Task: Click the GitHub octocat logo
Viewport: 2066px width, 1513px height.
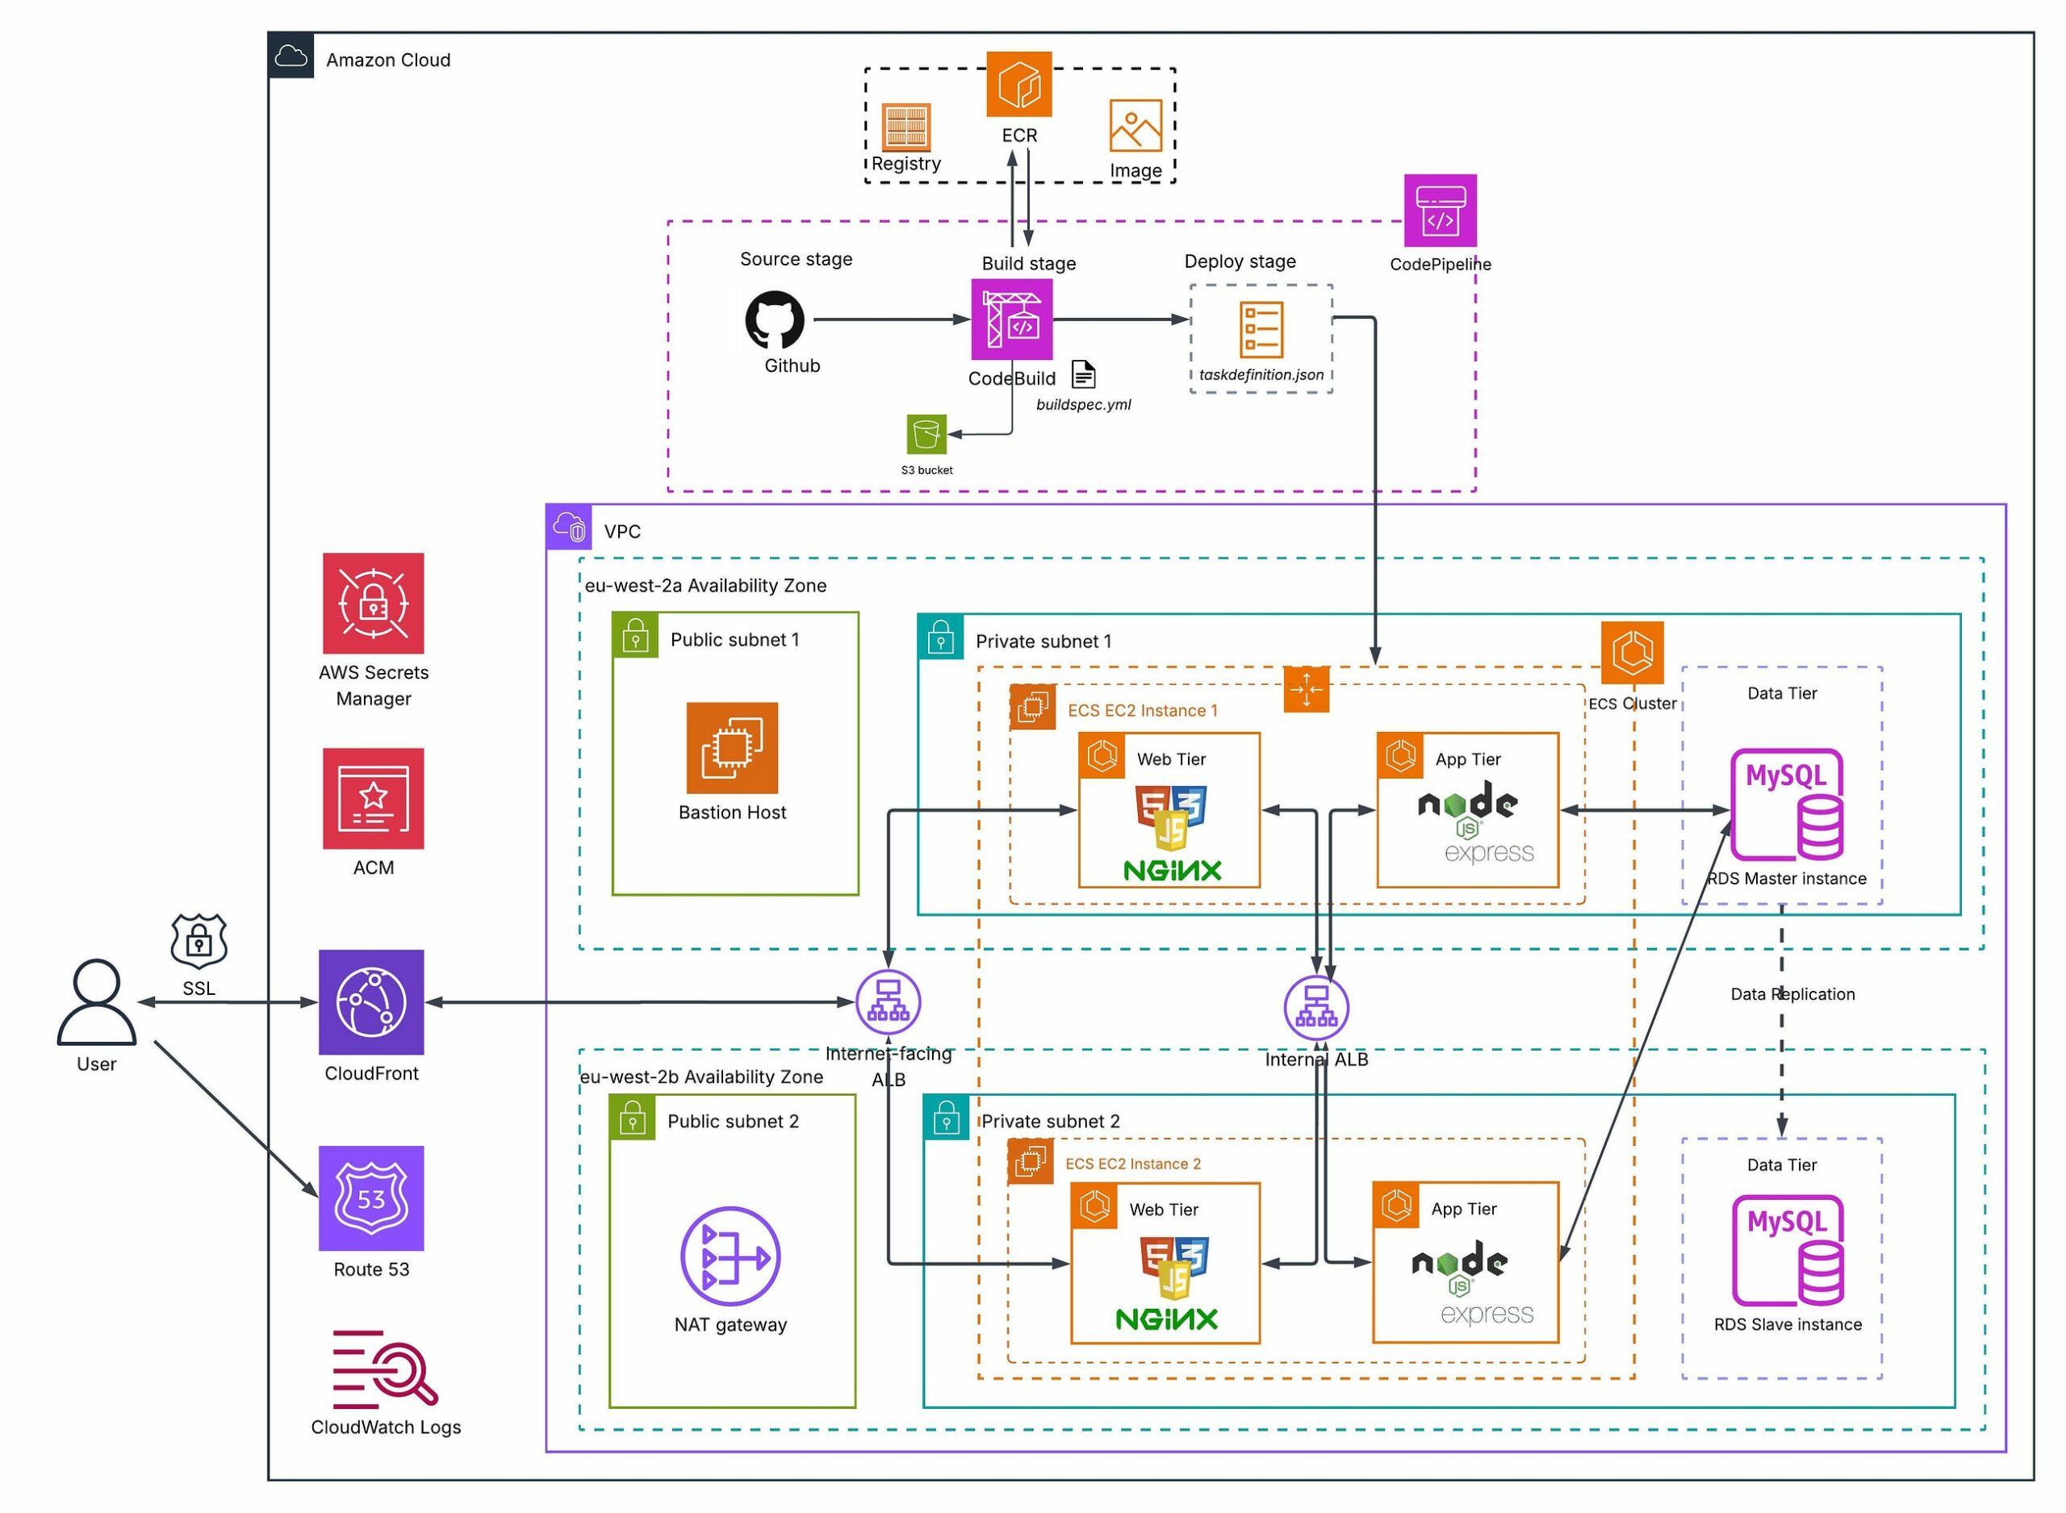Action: [775, 320]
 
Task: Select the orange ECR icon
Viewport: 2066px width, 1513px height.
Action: [1018, 84]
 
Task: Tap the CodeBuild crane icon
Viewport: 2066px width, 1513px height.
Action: [1012, 320]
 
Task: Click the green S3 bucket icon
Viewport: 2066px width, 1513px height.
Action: [926, 433]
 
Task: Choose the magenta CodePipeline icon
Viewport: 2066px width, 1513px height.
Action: [1440, 211]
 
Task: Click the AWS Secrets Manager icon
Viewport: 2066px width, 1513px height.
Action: [373, 603]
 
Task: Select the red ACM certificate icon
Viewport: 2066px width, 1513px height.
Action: [373, 798]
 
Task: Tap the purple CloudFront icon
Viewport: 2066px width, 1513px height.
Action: [371, 1001]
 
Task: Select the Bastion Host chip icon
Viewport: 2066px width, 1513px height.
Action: [732, 747]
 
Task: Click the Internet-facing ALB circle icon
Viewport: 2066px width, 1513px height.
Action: [888, 1001]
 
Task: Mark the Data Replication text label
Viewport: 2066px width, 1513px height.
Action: [1792, 993]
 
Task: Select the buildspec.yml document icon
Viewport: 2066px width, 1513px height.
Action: [1083, 374]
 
